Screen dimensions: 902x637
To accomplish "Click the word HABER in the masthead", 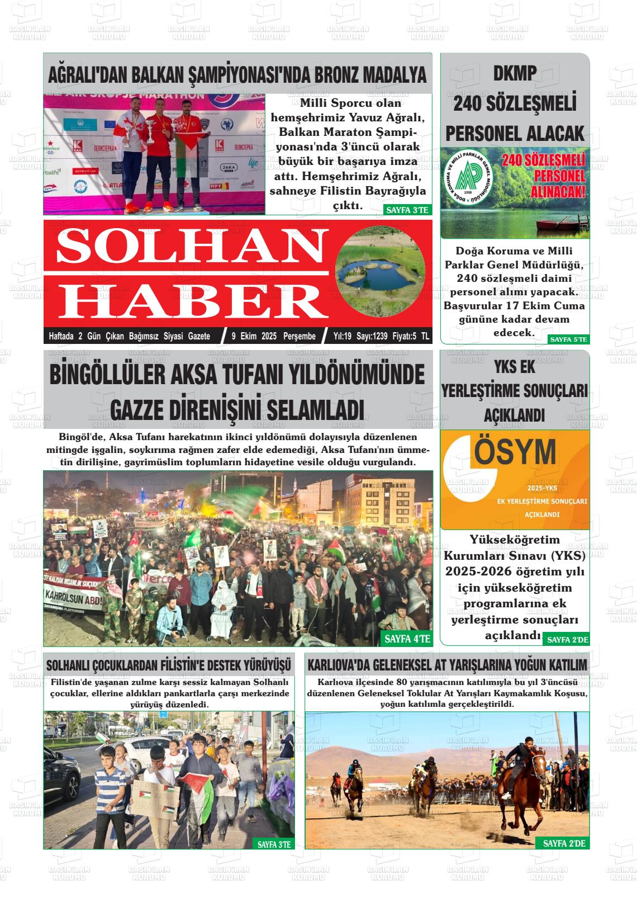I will click(193, 301).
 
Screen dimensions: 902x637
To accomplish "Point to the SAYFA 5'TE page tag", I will click(568, 339).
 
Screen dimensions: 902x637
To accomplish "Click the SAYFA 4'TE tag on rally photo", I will click(407, 639).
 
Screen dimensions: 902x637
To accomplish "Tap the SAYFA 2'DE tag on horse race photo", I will click(564, 843).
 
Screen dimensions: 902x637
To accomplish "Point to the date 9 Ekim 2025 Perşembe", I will click(273, 336).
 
